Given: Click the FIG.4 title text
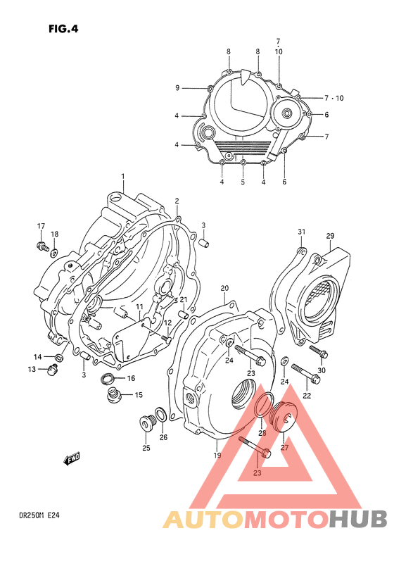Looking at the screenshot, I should pos(64,30).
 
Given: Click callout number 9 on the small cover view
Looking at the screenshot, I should pos(178,88).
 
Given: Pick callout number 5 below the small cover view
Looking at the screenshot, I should pos(242,182).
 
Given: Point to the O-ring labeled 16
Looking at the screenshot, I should pos(109,381).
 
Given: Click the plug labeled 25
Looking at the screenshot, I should pos(146,425).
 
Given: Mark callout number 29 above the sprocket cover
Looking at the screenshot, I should pos(329,235).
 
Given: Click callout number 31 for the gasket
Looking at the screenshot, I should pos(301,233).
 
